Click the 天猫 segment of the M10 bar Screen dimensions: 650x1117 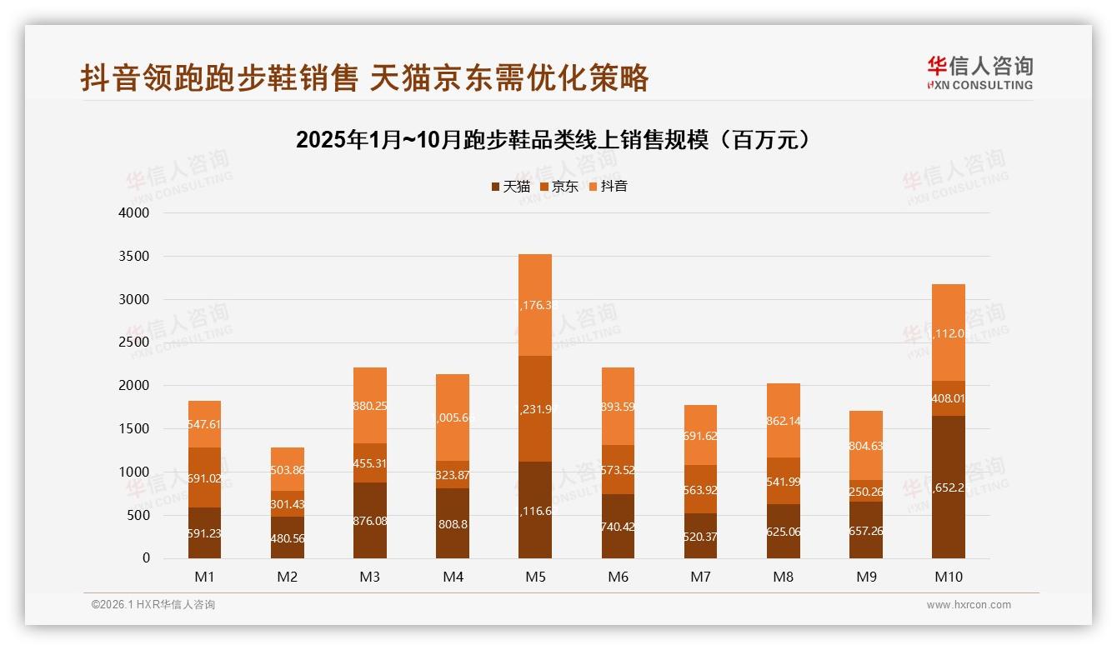point(948,487)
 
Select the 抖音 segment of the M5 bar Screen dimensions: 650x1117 point(535,305)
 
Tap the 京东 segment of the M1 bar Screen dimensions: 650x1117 point(204,477)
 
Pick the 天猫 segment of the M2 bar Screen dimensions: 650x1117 point(287,537)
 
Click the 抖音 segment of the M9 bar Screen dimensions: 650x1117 point(865,445)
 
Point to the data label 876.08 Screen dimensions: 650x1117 point(370,521)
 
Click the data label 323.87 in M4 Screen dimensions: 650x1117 point(453,475)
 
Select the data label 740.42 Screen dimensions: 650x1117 point(618,527)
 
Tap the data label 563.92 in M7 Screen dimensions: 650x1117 point(700,490)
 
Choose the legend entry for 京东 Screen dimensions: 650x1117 point(559,187)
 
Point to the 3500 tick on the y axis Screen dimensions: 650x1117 point(134,256)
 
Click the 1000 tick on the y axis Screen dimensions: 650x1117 point(134,472)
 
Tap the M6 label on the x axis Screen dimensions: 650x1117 point(618,577)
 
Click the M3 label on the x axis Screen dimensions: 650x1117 point(370,577)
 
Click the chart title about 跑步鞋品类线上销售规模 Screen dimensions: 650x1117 point(553,140)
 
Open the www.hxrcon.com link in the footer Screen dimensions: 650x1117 point(969,605)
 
